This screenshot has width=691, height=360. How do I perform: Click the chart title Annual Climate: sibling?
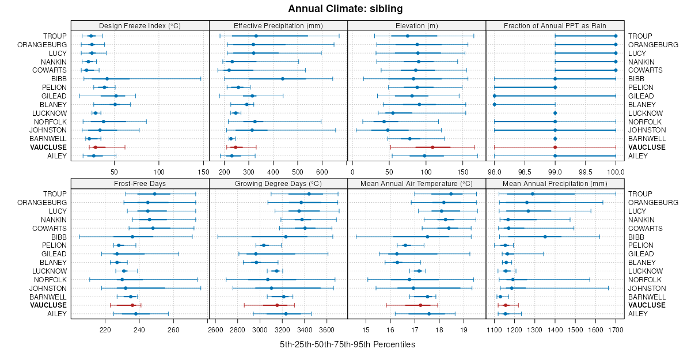click(x=345, y=9)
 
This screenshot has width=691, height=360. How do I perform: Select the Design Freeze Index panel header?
click(x=140, y=25)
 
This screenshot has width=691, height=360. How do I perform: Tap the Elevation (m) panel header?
click(x=417, y=25)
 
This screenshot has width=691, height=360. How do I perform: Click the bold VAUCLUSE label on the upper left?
click(x=50, y=147)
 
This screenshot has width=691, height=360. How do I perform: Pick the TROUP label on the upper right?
click(x=640, y=36)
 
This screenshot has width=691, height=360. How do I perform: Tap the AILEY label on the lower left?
click(x=56, y=314)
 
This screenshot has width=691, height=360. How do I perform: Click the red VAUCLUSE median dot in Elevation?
click(x=432, y=147)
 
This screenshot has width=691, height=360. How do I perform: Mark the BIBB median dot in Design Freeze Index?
click(x=107, y=79)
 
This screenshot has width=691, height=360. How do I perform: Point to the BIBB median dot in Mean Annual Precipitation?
click(x=545, y=237)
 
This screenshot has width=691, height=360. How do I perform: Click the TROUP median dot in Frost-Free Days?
click(x=154, y=194)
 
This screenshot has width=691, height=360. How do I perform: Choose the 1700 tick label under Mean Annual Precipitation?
click(x=616, y=329)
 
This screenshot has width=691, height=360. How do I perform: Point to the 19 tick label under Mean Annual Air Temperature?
click(x=464, y=329)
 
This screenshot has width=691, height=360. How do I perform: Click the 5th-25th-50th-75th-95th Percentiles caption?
click(x=347, y=344)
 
